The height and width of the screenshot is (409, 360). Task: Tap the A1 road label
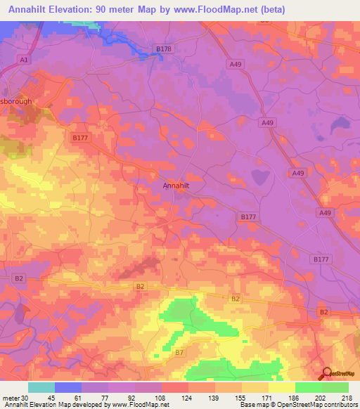(24, 60)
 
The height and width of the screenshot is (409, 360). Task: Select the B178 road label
(163, 48)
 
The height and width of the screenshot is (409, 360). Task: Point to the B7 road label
(179, 351)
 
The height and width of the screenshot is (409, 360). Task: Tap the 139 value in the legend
(215, 397)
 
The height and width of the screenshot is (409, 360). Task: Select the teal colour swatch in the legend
(41, 387)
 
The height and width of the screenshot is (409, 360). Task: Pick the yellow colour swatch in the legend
(282, 387)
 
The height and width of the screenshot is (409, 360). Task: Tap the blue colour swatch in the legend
(68, 387)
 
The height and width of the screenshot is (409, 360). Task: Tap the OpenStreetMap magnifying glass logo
(326, 374)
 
